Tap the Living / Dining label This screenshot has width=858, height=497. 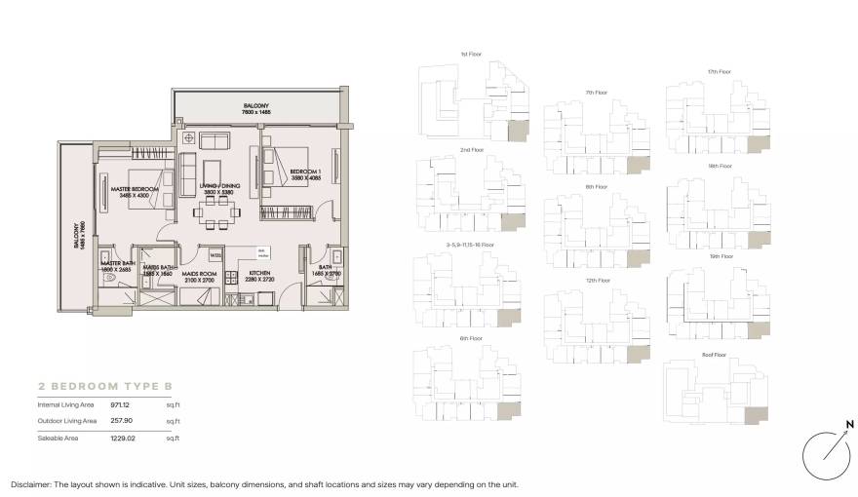(220, 186)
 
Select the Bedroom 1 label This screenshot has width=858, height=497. (304, 172)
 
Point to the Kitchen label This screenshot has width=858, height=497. (259, 274)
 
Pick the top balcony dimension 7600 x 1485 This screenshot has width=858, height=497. (256, 113)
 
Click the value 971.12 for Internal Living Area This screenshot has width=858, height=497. (120, 403)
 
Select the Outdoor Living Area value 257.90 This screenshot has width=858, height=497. (120, 421)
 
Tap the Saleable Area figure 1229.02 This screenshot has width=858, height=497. (122, 440)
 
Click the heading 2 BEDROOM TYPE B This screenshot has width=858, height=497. (99, 385)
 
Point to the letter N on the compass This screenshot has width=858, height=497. (849, 425)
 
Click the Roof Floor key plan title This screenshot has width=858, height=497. (715, 356)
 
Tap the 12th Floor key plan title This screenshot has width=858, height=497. (597, 281)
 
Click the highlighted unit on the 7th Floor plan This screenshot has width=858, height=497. (639, 168)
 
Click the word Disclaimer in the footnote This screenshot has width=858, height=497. (31, 484)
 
